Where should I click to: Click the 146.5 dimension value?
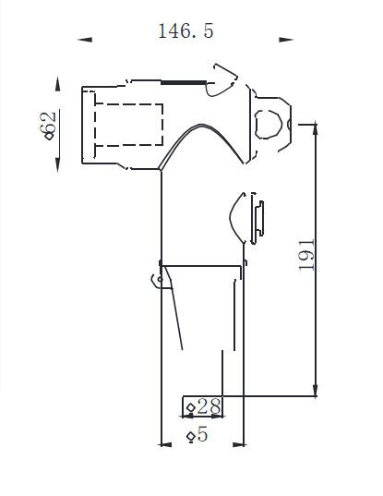(x=186, y=31)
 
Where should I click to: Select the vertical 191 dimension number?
(x=306, y=255)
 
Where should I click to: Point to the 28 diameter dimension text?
(x=209, y=406)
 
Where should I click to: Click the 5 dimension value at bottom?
(x=202, y=434)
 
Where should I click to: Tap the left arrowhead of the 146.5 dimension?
(x=85, y=40)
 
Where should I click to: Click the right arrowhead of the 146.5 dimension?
(x=286, y=40)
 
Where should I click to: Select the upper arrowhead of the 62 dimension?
(x=57, y=84)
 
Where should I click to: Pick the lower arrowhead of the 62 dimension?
(x=57, y=164)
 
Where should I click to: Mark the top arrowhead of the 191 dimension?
(x=315, y=129)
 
